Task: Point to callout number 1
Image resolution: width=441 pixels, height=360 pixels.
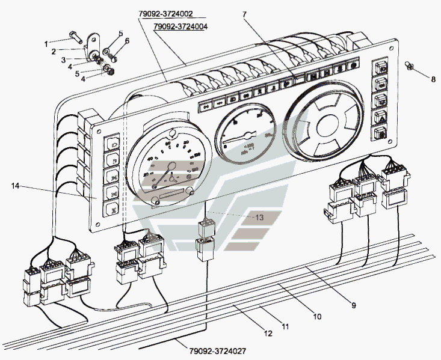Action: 46,43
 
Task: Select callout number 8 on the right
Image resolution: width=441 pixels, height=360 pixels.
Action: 431,78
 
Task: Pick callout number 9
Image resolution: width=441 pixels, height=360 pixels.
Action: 354,305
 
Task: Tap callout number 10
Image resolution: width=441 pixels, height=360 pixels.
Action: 316,316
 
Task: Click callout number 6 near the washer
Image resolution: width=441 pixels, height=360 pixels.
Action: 127,41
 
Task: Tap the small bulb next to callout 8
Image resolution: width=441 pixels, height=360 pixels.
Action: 409,65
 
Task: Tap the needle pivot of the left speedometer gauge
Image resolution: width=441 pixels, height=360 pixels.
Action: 171,176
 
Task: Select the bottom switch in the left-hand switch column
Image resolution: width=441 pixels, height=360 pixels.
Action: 112,210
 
